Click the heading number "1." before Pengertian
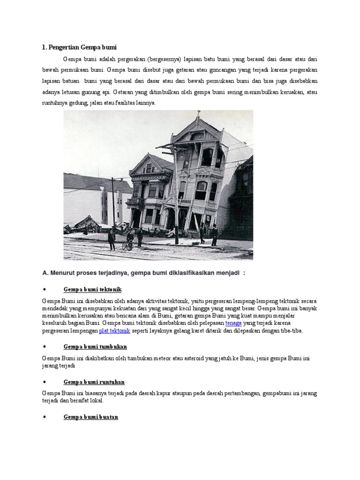coord(45,47)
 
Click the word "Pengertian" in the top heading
coord(63,47)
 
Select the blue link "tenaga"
coord(233,323)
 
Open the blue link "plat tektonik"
coord(114,330)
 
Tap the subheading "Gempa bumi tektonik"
coord(92,289)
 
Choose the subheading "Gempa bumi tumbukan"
coord(95,346)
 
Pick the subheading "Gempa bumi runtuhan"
coord(94,382)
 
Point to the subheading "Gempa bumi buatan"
coord(91,417)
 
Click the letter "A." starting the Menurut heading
coord(45,273)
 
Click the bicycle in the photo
coord(127,245)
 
